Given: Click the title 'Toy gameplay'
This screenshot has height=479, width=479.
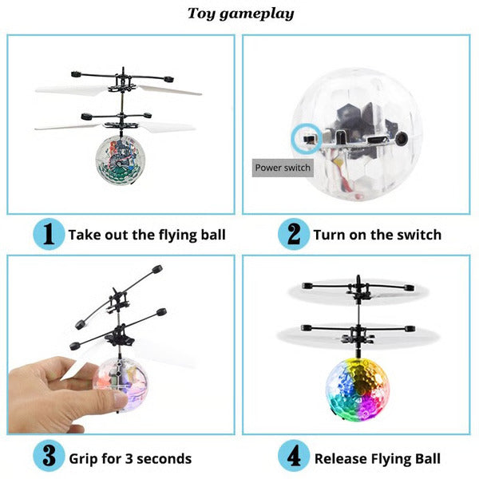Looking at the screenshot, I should point(240,14).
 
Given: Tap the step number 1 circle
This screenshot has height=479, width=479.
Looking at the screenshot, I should point(48,234).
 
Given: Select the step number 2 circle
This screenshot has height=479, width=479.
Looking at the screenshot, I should point(293,234).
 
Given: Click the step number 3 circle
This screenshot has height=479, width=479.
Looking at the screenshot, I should point(48,457).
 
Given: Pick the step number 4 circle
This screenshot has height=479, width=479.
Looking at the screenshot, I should point(293,457).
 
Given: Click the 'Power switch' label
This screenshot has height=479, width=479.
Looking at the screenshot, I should point(283,168).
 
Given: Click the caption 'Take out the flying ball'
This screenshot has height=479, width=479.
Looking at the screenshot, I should point(147,235).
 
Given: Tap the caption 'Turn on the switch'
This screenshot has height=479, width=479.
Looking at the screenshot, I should point(377,235).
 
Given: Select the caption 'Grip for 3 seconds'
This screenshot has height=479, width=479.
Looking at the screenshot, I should point(130,458).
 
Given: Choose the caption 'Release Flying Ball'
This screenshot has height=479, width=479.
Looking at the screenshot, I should point(377,458).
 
